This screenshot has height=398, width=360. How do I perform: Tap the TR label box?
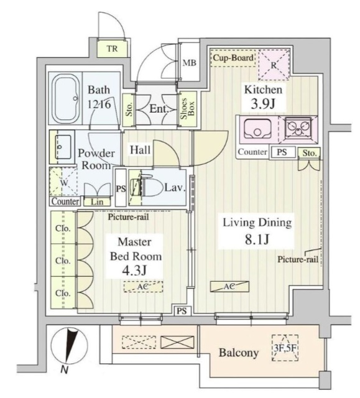point(112,49)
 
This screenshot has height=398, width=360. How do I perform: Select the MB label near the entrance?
point(189,62)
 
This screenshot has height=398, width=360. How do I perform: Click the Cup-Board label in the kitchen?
point(233,58)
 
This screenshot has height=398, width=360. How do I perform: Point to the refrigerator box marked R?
point(272,63)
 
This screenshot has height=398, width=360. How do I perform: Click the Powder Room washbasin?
point(65,146)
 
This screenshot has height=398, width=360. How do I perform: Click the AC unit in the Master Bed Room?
point(142,286)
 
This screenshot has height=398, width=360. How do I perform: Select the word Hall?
point(139,150)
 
